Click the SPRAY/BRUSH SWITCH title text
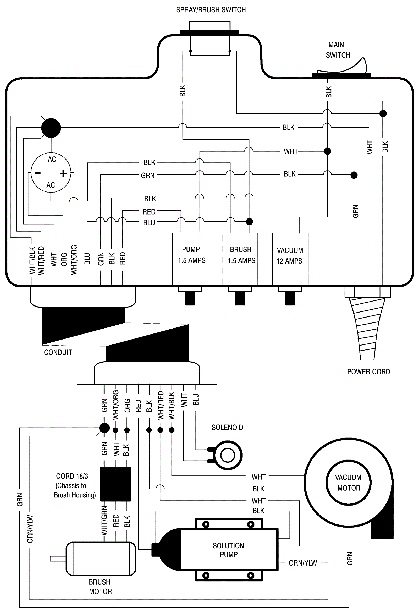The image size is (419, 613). tap(211, 10)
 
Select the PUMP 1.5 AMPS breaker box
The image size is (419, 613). tap(190, 259)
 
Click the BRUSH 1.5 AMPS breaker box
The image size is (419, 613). tap(240, 259)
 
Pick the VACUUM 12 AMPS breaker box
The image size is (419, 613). tap(290, 259)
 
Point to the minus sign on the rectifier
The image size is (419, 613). tap(38, 173)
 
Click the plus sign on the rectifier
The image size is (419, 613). tap(63, 173)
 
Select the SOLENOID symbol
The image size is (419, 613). tap(227, 455)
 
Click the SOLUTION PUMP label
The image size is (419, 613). tap(228, 550)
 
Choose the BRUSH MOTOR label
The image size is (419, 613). tap(100, 587)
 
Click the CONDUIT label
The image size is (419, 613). tap(58, 352)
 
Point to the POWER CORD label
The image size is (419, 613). tap(368, 372)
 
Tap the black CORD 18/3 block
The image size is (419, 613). tap(115, 484)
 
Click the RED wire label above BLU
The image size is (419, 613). tap(149, 212)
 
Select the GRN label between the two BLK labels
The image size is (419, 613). tap(148, 176)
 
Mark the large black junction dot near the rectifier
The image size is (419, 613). tap(51, 128)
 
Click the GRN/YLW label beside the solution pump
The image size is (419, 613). tap(303, 563)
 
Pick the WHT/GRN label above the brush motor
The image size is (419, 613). tap(104, 521)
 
